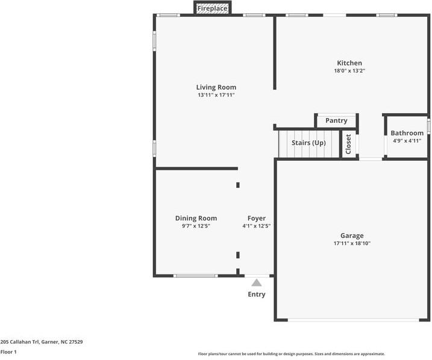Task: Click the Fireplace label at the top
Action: point(212,8)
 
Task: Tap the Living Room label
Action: point(216,87)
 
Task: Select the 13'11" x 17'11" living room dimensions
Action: point(216,95)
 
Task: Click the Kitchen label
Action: point(349,63)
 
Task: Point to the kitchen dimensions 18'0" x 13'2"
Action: point(349,71)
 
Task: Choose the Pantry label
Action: point(336,120)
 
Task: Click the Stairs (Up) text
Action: point(308,143)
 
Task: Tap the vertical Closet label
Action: point(348,143)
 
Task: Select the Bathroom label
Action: point(407,133)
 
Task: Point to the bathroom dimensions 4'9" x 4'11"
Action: point(407,141)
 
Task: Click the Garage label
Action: point(352,236)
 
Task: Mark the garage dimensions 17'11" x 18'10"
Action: point(352,244)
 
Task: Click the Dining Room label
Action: point(196,219)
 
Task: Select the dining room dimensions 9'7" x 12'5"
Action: point(196,226)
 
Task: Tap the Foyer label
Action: point(256,219)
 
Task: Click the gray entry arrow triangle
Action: point(256,282)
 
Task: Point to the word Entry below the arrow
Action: point(256,294)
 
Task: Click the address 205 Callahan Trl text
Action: point(42,342)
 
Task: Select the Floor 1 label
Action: point(8,352)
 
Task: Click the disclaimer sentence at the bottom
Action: point(291,354)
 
